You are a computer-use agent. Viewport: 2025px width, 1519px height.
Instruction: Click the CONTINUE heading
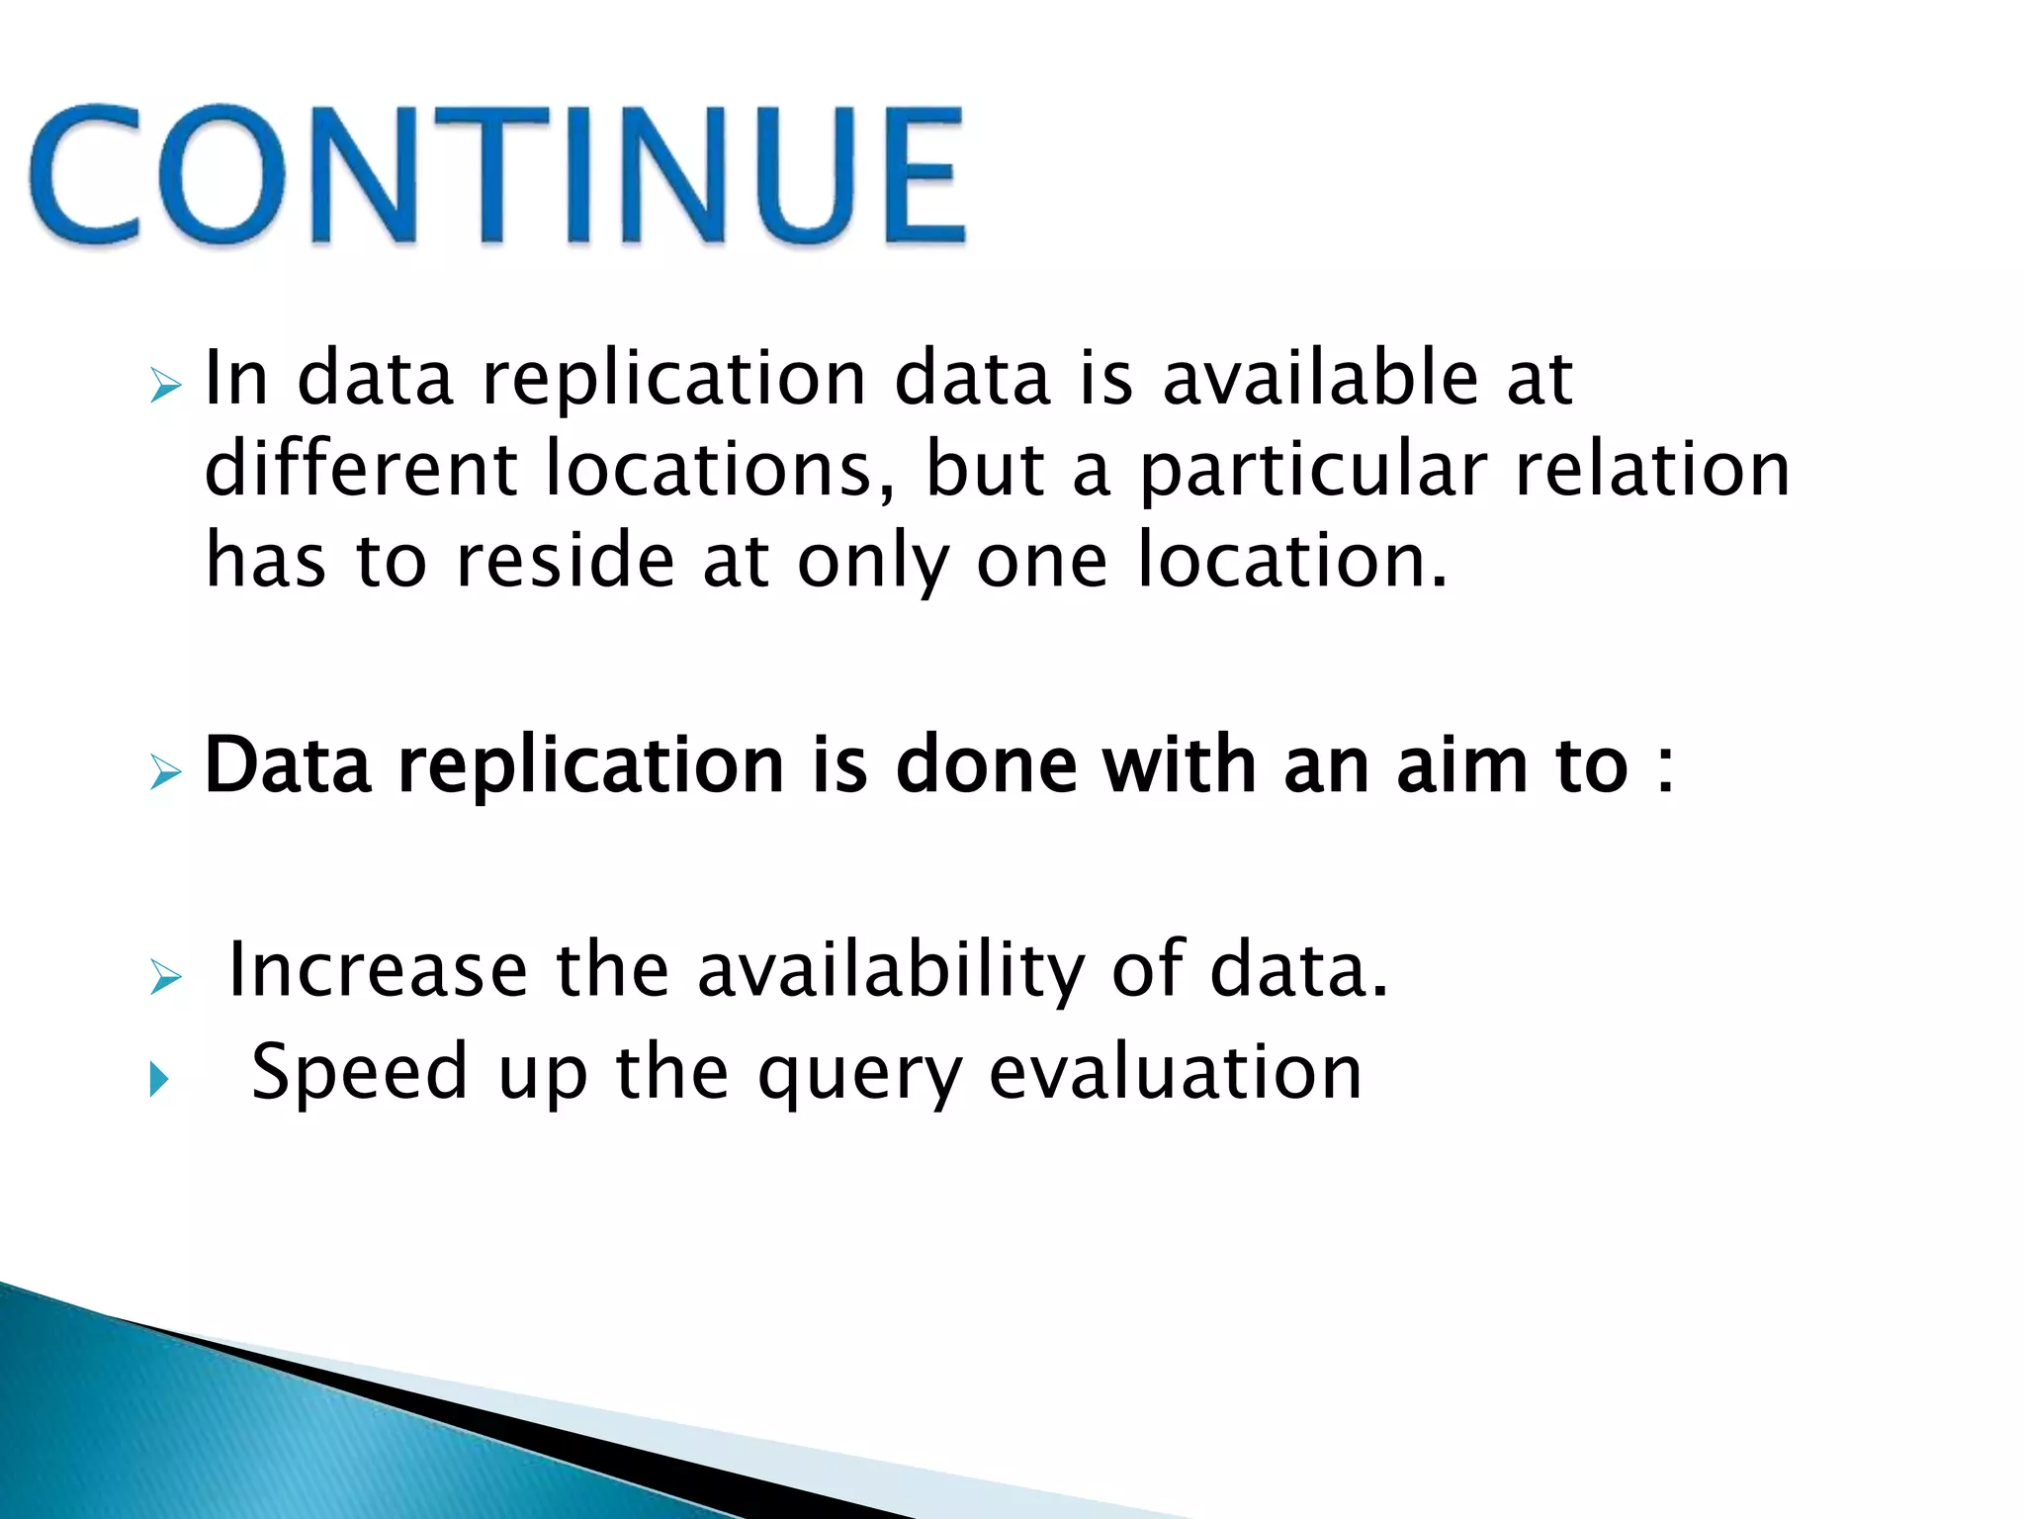point(497,174)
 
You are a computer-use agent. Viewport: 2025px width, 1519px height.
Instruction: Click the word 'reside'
point(565,560)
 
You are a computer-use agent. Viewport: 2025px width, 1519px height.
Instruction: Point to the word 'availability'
point(891,971)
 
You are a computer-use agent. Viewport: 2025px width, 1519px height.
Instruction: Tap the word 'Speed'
point(359,1072)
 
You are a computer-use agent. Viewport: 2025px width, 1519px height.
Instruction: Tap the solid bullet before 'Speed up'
point(159,1080)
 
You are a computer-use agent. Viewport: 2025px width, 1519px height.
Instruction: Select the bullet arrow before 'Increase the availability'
point(165,978)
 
